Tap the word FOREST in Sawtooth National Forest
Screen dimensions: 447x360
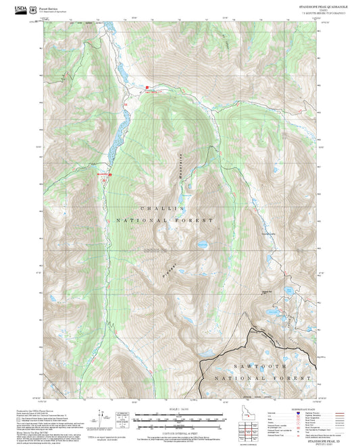[295, 379]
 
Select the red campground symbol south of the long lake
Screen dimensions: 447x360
[109, 175]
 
